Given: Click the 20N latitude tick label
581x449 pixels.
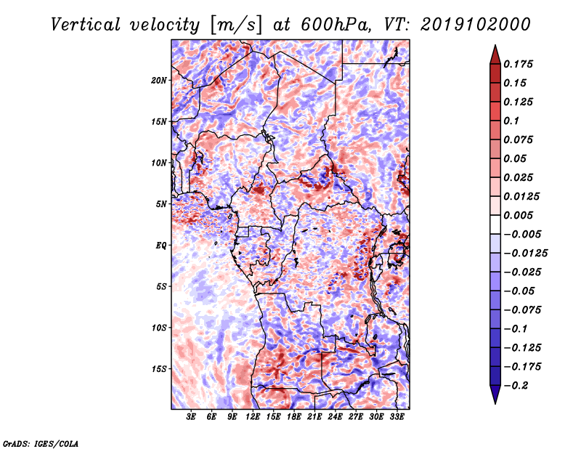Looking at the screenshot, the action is pyautogui.click(x=159, y=81).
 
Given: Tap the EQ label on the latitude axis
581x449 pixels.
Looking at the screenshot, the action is pyautogui.click(x=161, y=246).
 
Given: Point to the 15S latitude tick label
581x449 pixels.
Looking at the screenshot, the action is pyautogui.click(x=159, y=369).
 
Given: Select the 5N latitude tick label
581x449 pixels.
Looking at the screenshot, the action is pyautogui.click(x=161, y=204).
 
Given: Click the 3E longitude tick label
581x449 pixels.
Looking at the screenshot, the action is pyautogui.click(x=191, y=416).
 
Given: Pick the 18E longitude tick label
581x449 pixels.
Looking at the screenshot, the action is pyautogui.click(x=294, y=416).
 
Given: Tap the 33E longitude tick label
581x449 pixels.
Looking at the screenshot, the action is pyautogui.click(x=397, y=416).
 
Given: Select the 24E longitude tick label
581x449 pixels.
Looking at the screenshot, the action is pyautogui.click(x=335, y=416).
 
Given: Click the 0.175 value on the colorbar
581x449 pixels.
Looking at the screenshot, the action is pyautogui.click(x=518, y=64).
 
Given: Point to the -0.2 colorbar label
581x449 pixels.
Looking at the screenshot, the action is pyautogui.click(x=516, y=386).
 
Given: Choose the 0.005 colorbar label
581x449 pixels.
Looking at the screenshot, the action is pyautogui.click(x=518, y=215).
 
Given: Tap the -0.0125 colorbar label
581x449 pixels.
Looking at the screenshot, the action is pyautogui.click(x=525, y=254).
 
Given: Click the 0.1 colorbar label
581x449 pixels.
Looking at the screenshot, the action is pyautogui.click(x=511, y=121).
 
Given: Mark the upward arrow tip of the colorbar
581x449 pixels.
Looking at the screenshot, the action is pyautogui.click(x=495, y=45).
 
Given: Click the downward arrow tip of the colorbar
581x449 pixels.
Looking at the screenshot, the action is pyautogui.click(x=495, y=403).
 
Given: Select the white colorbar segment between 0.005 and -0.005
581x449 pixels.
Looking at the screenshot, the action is pyautogui.click(x=495, y=224).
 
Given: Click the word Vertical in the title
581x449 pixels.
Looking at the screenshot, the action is pyautogui.click(x=86, y=25).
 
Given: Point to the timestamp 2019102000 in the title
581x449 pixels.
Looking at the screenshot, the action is pyautogui.click(x=476, y=25).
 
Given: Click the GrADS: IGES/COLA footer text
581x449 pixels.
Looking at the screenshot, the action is pyautogui.click(x=41, y=444).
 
